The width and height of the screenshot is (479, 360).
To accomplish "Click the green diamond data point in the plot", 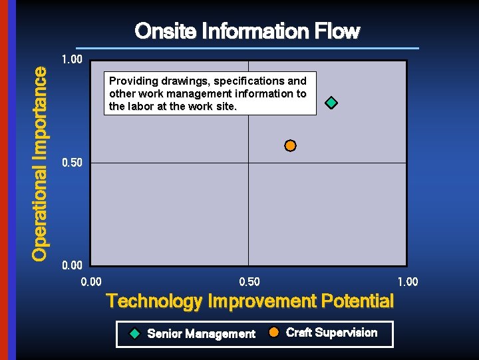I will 331,103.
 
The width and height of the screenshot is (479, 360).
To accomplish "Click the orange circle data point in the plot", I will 290,145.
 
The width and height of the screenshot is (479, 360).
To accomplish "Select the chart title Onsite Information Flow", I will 247,31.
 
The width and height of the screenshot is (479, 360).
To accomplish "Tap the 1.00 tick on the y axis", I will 72,60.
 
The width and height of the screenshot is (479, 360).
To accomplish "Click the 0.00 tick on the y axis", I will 72,266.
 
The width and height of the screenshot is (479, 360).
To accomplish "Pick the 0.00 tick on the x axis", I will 91,282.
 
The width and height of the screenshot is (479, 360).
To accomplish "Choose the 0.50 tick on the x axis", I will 249,282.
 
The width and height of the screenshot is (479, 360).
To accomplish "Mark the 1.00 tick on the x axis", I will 407,282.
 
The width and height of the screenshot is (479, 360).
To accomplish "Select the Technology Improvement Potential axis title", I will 249,301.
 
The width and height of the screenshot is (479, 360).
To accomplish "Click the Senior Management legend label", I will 201,334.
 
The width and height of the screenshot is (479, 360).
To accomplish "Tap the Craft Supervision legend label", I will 331,333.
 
